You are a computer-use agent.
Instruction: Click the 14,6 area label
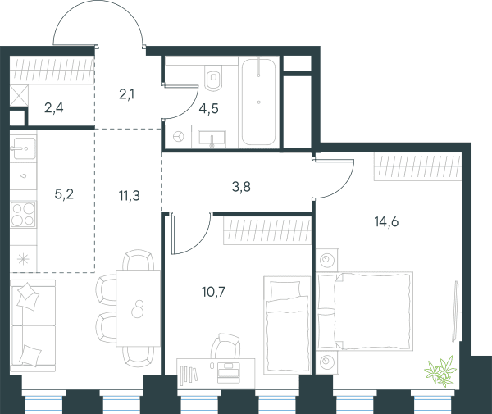pos(386,222)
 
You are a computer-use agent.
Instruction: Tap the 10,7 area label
pos(213,292)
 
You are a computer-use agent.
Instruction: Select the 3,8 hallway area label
pos(241,187)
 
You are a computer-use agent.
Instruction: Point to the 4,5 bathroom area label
pos(208,109)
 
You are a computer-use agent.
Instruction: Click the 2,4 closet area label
pos(54,108)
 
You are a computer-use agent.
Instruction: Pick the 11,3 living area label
pos(130,196)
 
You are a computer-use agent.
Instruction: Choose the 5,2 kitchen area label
pos(64,194)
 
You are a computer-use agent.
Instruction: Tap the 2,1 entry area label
pos(127,94)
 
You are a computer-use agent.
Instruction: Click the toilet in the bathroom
pos(213,78)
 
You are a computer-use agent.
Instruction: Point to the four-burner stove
pos(23,215)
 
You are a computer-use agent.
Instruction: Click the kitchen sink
pos(23,148)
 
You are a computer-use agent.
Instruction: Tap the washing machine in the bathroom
pos(179,136)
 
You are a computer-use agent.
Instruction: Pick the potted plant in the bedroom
pos(440,371)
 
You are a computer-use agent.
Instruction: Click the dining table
pos(138,308)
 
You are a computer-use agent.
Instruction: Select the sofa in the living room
pos(33,325)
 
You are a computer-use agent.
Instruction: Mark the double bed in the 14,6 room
pos(364,311)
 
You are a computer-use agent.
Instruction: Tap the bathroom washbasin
pos(212,139)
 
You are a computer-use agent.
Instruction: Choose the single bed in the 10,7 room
pos(287,325)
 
